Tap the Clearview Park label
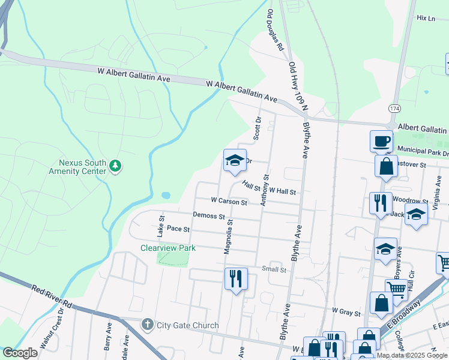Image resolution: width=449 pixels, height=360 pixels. click(168, 247)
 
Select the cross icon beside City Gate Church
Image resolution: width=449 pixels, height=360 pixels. click(147, 325)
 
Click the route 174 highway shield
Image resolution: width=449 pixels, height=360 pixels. click(394, 108)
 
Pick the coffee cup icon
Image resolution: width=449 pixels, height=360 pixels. click(381, 142)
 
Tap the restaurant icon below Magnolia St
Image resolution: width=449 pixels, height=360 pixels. click(235, 278)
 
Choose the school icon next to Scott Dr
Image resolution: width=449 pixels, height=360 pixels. click(235, 160)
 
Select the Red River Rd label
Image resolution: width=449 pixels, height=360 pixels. click(52, 297)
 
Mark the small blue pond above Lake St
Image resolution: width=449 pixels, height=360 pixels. click(166, 195)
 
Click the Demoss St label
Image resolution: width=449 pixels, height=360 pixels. click(208, 215)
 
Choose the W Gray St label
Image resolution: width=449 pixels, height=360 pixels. click(346, 313)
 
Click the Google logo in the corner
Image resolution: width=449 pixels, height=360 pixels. click(20, 353)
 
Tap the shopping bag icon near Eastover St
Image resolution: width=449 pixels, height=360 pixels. click(386, 166)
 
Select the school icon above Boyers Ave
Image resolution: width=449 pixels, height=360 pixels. click(385, 250)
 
